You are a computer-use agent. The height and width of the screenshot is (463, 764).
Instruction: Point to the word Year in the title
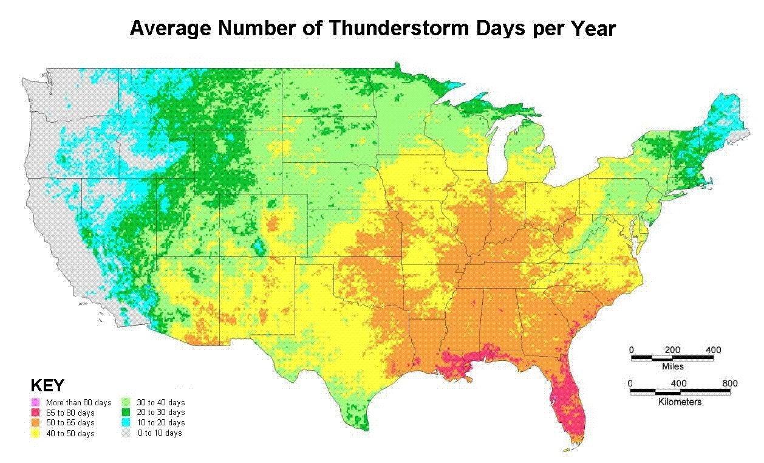click(590, 28)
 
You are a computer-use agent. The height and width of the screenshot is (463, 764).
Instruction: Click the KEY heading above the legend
click(47, 386)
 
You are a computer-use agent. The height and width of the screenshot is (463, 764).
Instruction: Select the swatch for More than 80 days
click(35, 402)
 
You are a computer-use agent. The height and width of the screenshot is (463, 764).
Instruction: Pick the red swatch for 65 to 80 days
click(35, 413)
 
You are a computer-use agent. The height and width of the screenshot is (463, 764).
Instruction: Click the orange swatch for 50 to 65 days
click(35, 422)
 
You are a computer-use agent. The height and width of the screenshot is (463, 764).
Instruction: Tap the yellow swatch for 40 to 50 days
click(35, 433)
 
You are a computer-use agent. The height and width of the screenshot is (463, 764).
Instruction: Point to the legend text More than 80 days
click(78, 403)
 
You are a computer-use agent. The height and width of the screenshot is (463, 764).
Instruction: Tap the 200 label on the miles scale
click(672, 350)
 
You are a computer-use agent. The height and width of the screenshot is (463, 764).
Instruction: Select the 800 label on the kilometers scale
click(730, 383)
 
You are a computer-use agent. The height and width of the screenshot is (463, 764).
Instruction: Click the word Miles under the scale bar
click(672, 366)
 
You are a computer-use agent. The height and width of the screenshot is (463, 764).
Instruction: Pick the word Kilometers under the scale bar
click(680, 402)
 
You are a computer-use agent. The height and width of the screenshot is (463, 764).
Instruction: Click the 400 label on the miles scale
click(713, 350)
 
